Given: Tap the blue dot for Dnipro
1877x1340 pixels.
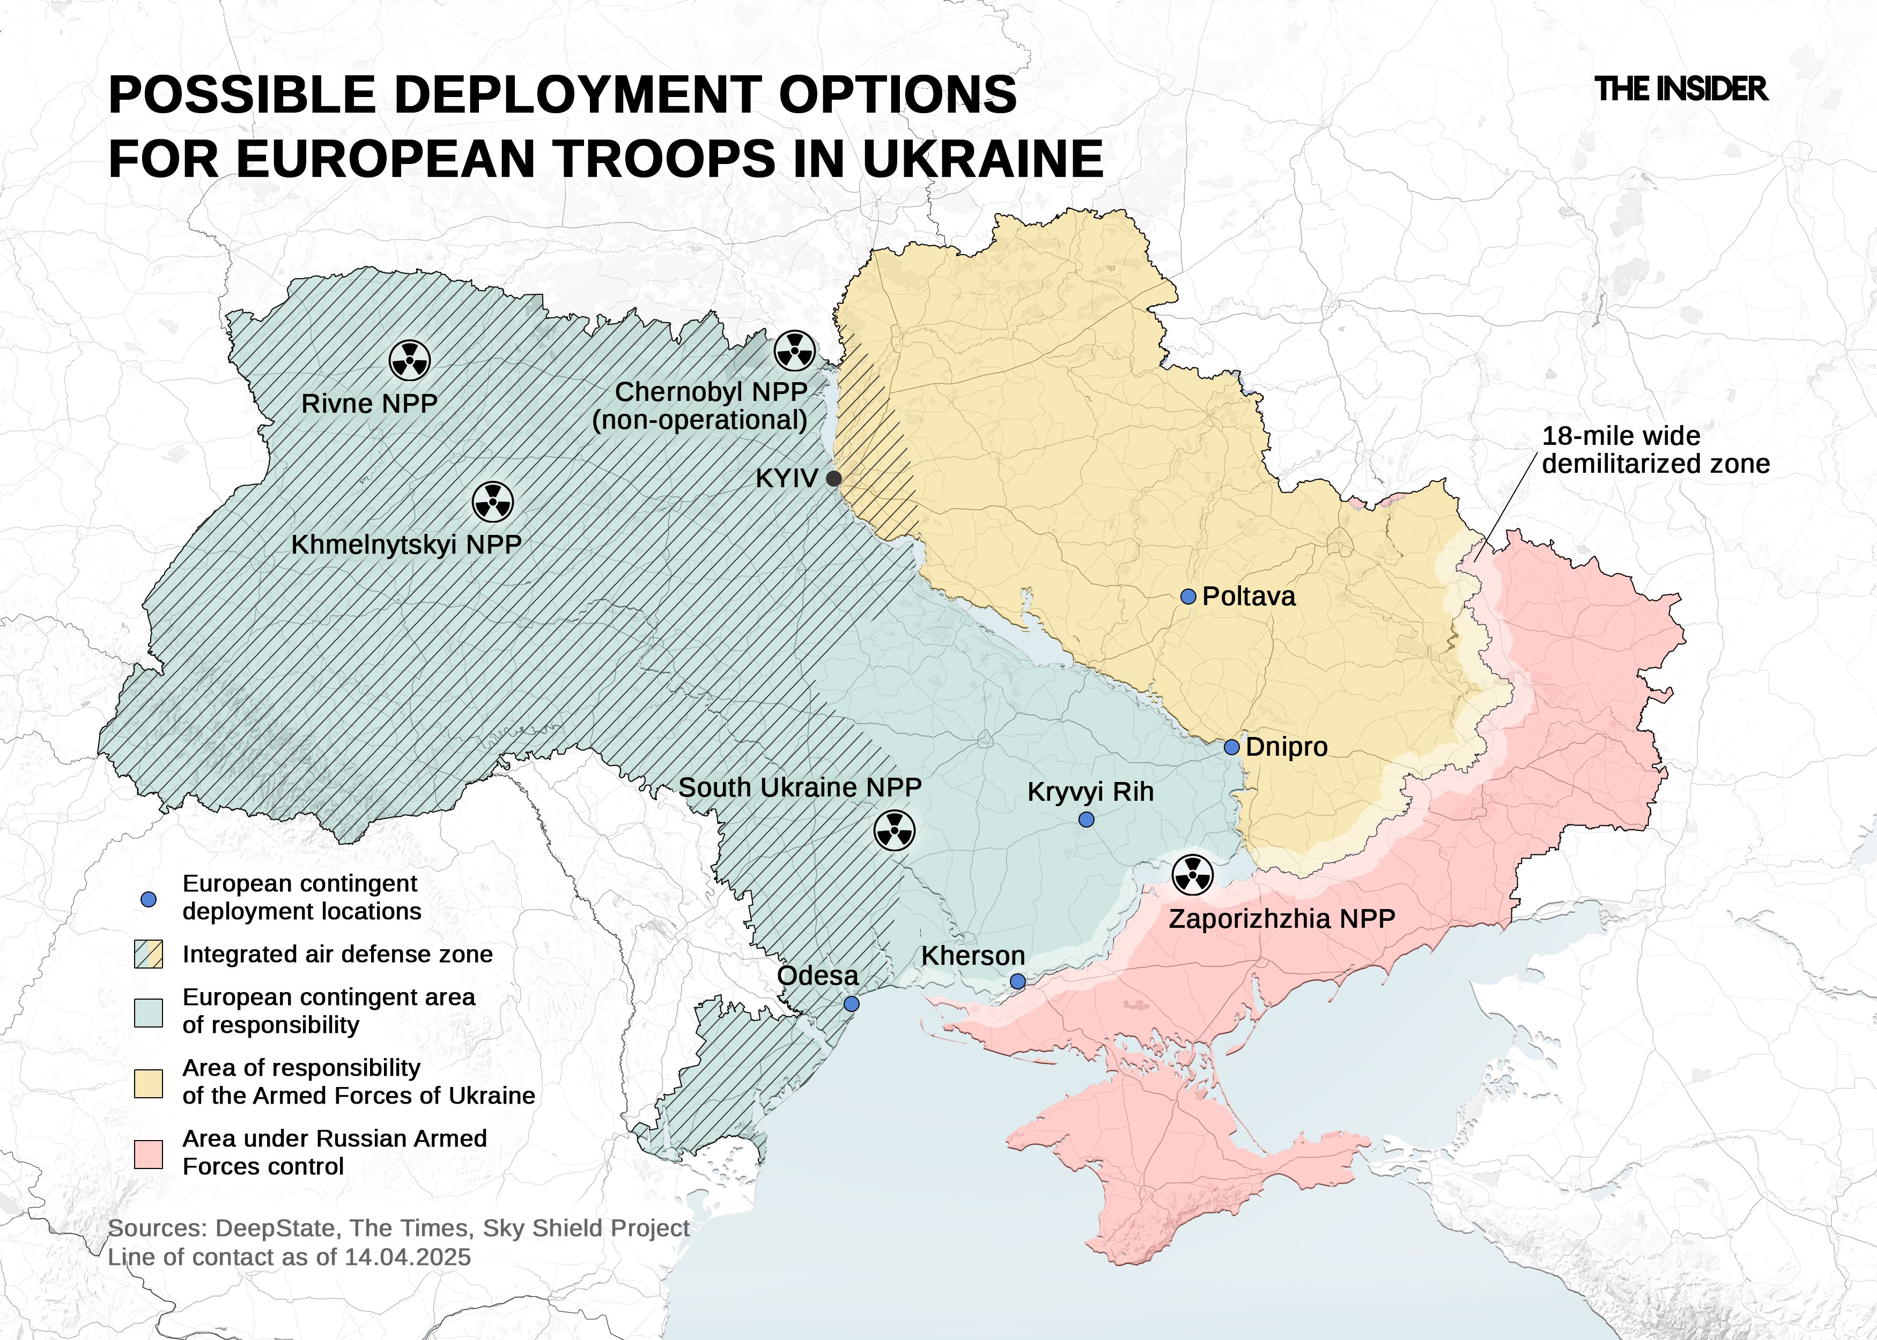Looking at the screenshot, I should [1231, 747].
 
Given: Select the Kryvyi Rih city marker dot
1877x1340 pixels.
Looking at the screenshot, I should [1087, 820].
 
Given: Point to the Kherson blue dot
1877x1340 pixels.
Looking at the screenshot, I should [1018, 981].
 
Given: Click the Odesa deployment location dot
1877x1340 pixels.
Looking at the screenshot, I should [852, 1004].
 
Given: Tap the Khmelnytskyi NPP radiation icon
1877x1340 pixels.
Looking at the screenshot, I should [493, 502].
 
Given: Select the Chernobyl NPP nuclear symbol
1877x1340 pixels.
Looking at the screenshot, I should [795, 351].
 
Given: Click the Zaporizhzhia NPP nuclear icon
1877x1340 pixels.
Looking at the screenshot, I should [1193, 874].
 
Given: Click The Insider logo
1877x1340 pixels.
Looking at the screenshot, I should [1681, 89].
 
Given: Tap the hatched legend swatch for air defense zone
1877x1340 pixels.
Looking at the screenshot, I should [149, 954].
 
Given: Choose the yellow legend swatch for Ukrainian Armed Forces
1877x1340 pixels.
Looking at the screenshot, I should [149, 1083].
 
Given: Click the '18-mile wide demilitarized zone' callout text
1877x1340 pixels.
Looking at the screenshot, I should [1655, 450].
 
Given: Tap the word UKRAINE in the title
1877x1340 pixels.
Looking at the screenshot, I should [982, 159].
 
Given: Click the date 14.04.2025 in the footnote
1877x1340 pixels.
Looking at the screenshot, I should [408, 1257].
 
